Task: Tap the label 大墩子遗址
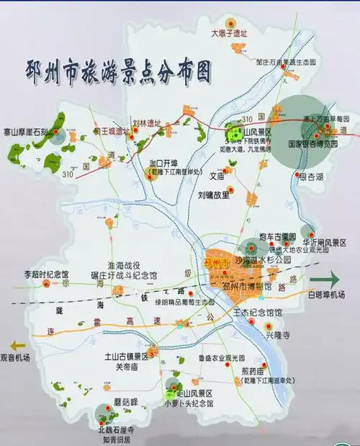point(228,33)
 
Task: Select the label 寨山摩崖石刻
point(24,132)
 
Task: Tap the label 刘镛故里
point(213,195)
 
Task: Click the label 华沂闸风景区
point(324,242)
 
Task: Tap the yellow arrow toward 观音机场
point(12,344)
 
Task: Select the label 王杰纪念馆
point(258,313)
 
